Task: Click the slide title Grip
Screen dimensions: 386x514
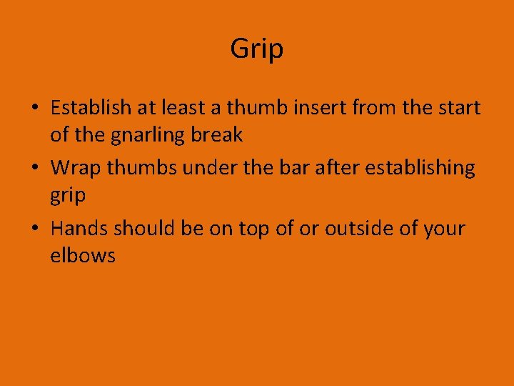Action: point(256,49)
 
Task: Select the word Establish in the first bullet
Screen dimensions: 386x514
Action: point(91,108)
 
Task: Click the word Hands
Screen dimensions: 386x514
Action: point(79,229)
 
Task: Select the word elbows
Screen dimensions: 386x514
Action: point(82,255)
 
